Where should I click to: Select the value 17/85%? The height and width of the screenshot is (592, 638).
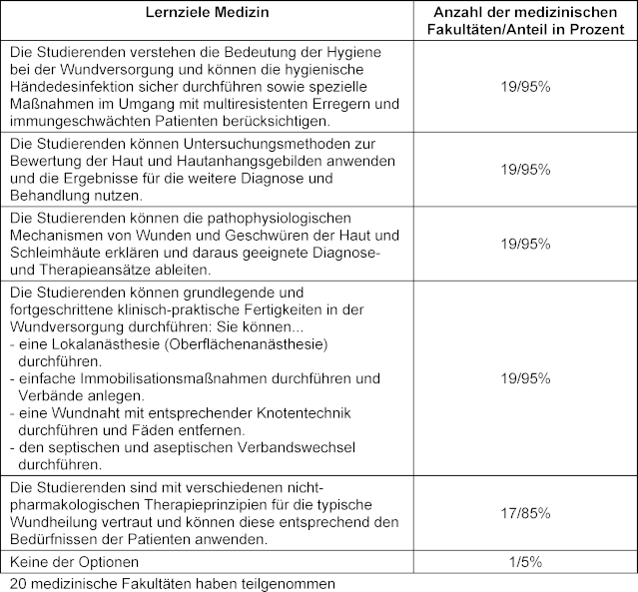click(x=525, y=513)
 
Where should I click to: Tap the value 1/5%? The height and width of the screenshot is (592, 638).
click(x=525, y=561)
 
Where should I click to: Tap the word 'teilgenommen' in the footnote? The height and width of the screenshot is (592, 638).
click(x=290, y=582)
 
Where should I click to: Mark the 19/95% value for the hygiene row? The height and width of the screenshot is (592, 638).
click(x=525, y=87)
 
